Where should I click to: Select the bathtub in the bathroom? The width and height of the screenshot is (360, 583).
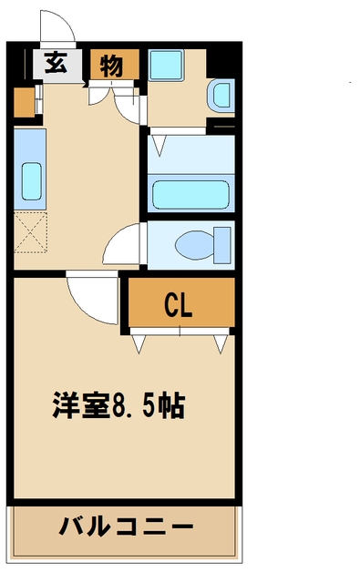point(191,194)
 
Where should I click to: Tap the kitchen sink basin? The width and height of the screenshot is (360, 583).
point(30,181)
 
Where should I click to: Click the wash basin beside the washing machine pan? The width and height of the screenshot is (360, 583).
point(220,95)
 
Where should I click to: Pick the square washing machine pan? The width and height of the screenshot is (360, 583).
point(168,66)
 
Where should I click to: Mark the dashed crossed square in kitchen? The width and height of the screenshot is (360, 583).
point(30,230)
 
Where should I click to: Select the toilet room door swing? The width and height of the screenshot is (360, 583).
point(124,244)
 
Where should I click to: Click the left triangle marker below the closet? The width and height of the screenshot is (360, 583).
point(139,343)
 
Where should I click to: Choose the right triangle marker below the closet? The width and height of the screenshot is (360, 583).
point(220,343)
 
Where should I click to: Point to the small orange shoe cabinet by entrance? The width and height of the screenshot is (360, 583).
point(23,105)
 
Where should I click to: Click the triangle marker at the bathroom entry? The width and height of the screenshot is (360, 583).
point(159,143)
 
